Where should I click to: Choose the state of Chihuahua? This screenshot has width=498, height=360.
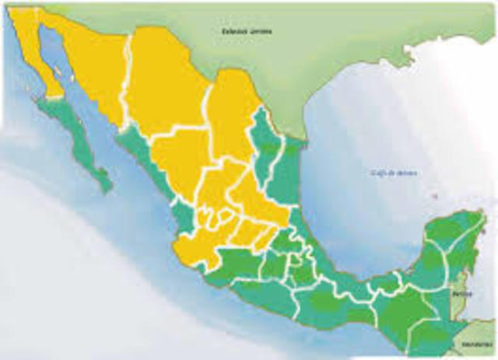click(x=163, y=86)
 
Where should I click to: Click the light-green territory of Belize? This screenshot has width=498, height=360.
click(x=461, y=307)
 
